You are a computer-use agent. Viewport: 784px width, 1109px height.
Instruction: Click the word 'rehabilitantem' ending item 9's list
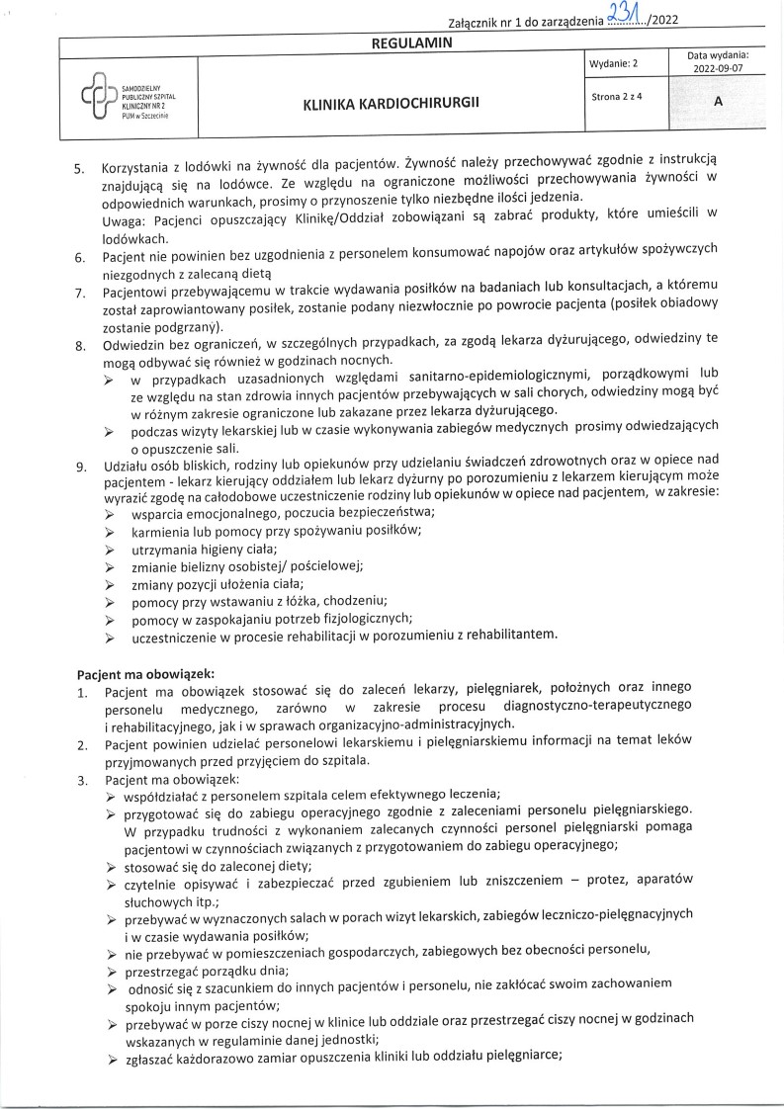517,635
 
